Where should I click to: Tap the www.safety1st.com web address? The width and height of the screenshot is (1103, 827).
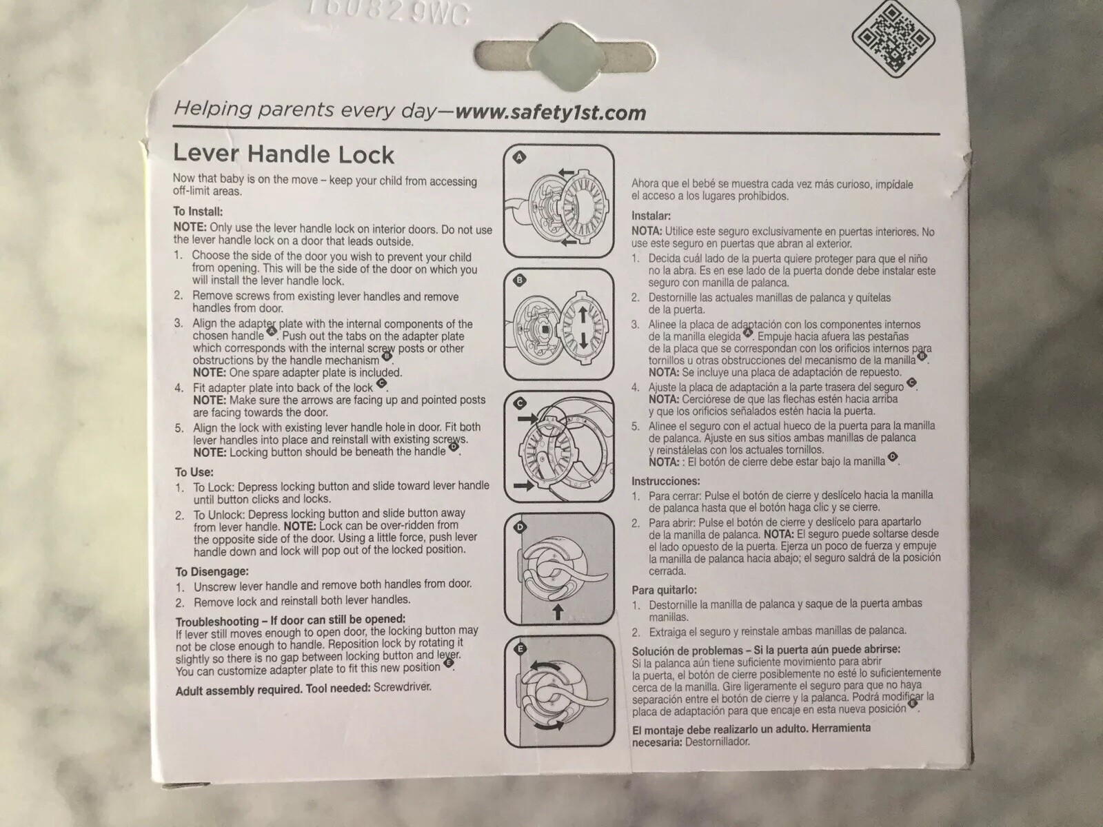click(x=550, y=112)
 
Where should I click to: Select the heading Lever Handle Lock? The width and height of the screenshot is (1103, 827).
click(x=283, y=154)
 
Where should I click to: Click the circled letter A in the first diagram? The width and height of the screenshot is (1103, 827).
click(x=519, y=158)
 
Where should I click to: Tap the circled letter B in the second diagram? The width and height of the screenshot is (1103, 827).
click(x=520, y=280)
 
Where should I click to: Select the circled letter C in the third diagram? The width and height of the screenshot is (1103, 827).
click(x=520, y=403)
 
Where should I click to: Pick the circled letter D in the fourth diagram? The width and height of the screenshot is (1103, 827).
click(x=520, y=527)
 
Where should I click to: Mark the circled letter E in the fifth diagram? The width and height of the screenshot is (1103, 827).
click(x=520, y=649)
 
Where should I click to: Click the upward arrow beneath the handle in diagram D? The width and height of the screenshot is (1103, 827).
click(x=558, y=612)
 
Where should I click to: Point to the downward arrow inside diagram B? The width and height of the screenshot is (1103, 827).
click(x=583, y=341)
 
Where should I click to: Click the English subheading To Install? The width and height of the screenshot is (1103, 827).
click(x=198, y=212)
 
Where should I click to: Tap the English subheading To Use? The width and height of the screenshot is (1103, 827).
click(x=194, y=472)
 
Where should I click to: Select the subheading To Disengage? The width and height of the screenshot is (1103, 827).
click(x=212, y=571)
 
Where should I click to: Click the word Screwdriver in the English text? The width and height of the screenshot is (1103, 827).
click(x=402, y=687)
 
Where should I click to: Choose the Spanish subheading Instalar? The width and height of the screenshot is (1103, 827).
click(x=651, y=216)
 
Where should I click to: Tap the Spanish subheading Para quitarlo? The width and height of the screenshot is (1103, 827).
click(x=665, y=590)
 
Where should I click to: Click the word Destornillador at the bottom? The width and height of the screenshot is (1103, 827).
click(x=717, y=742)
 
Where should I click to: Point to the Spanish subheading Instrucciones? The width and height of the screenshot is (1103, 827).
click(x=666, y=481)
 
